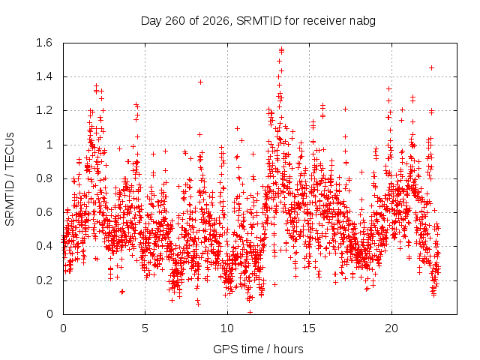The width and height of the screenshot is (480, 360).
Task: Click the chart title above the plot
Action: click(258, 21)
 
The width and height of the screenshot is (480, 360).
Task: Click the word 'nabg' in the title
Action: click(362, 22)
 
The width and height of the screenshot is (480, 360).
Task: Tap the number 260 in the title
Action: click(175, 21)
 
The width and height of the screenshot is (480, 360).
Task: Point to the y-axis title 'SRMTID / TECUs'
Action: click(10, 179)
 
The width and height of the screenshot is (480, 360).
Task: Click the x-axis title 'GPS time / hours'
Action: click(258, 349)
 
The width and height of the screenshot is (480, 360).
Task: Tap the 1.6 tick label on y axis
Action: click(44, 43)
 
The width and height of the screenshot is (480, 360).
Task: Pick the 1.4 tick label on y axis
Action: click(44, 76)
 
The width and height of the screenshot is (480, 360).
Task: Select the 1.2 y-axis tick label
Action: click(44, 110)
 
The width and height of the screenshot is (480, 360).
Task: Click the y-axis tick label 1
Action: click(49, 145)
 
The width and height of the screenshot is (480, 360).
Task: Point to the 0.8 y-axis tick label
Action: click(44, 178)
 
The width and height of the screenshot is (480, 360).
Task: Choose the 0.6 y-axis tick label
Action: click(44, 212)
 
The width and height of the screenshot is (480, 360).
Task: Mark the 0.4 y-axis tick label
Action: click(44, 246)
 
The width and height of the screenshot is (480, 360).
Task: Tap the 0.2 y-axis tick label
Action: click(44, 280)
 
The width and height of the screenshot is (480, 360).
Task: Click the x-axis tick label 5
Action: click(145, 328)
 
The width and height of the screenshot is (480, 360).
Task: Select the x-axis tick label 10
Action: click(227, 328)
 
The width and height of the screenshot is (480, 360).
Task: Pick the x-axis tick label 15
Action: click(309, 328)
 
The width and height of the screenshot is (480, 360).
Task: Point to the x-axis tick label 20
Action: click(391, 328)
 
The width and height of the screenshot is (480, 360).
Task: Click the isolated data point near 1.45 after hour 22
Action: click(432, 68)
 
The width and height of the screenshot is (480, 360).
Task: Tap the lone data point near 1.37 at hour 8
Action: click(200, 82)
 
